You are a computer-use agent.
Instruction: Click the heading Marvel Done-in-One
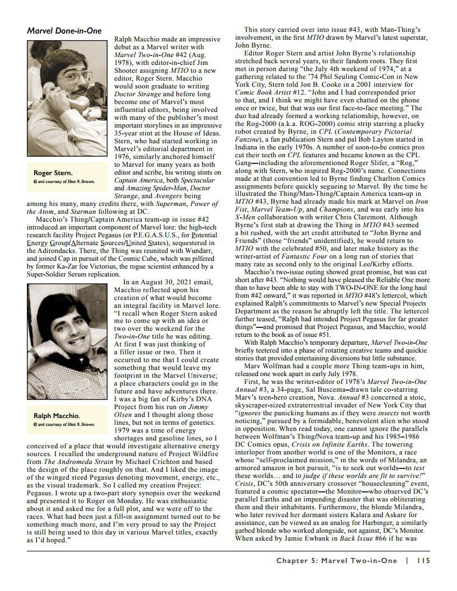[x=64, y=31]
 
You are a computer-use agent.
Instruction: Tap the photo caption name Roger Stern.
[x=53, y=173]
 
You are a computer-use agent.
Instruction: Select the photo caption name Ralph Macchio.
[x=57, y=416]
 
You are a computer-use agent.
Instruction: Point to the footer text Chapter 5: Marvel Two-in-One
[x=336, y=560]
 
